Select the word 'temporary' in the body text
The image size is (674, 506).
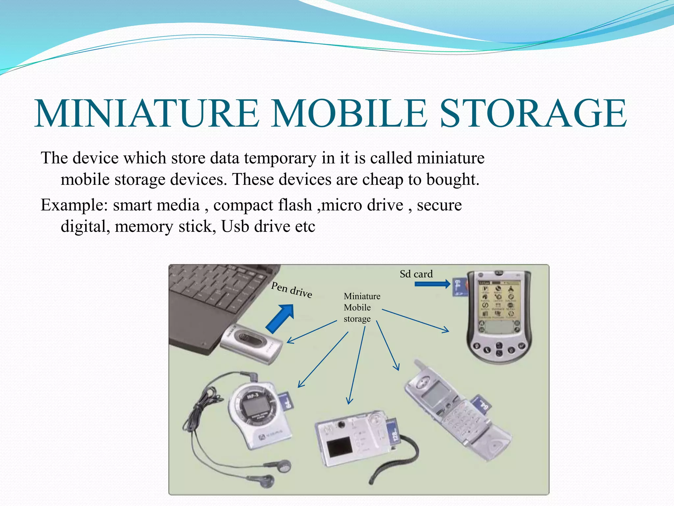(x=280, y=158)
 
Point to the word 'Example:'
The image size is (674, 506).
(x=74, y=205)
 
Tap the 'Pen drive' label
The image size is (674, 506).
(x=292, y=290)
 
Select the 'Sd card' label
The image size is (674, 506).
(x=416, y=274)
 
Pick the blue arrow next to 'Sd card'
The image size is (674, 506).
(x=432, y=284)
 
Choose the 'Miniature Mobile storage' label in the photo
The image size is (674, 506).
(x=361, y=307)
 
